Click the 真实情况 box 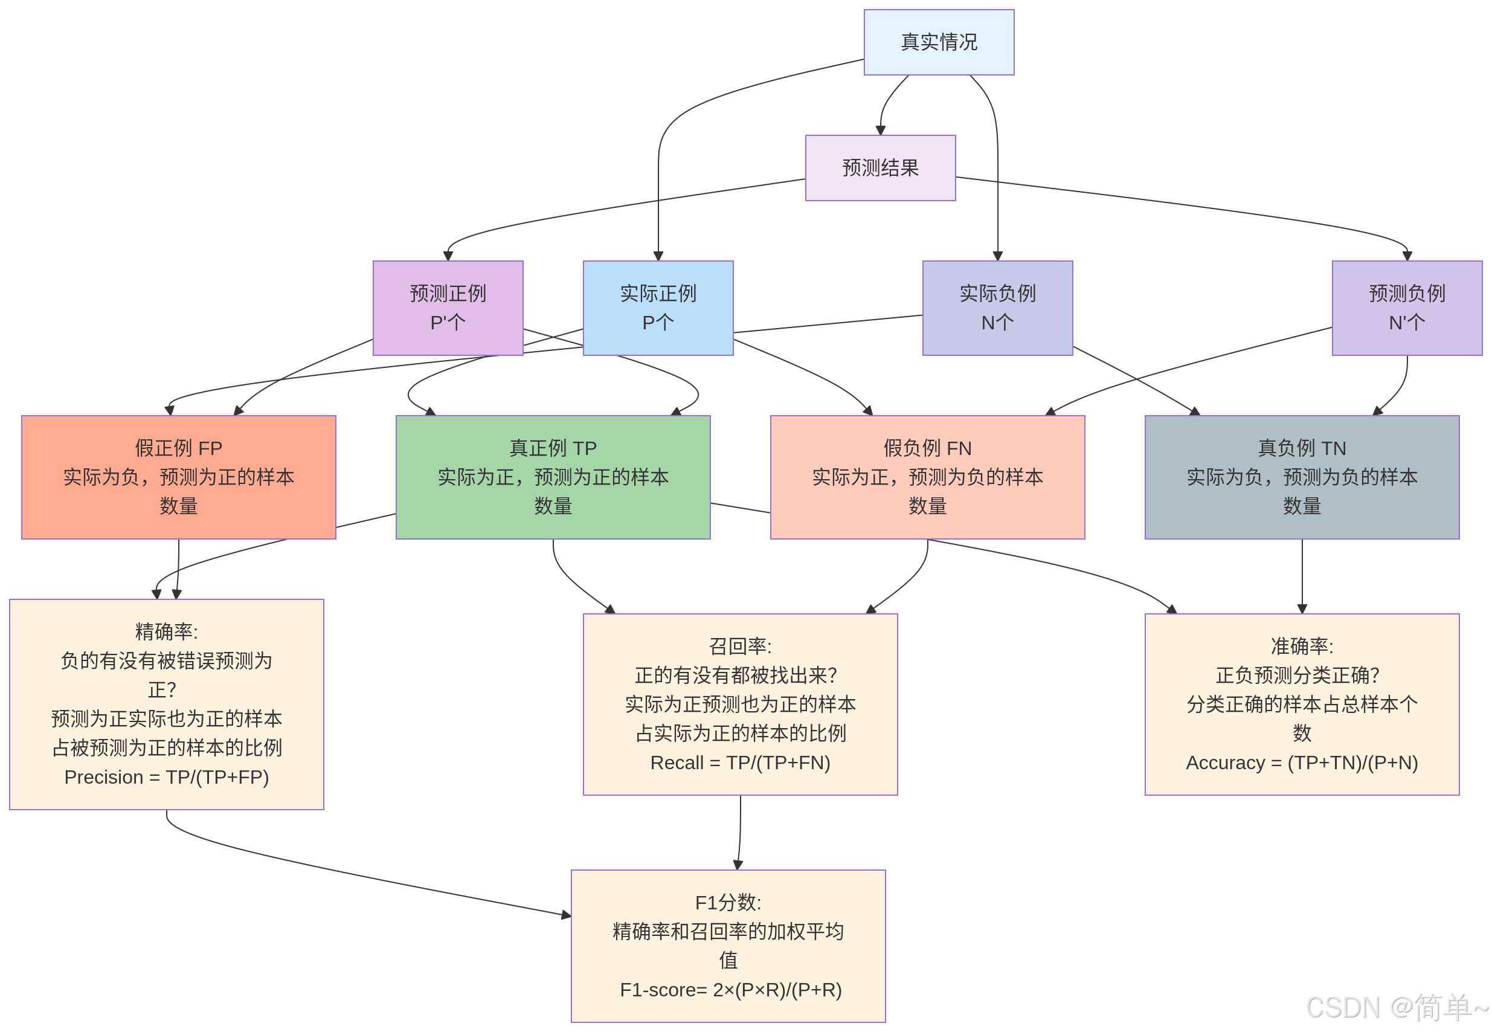[x=938, y=42]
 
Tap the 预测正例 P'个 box [x=448, y=307]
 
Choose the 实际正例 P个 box [x=657, y=307]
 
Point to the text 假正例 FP [x=178, y=448]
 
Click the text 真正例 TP [x=553, y=448]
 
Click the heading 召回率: [x=739, y=645]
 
